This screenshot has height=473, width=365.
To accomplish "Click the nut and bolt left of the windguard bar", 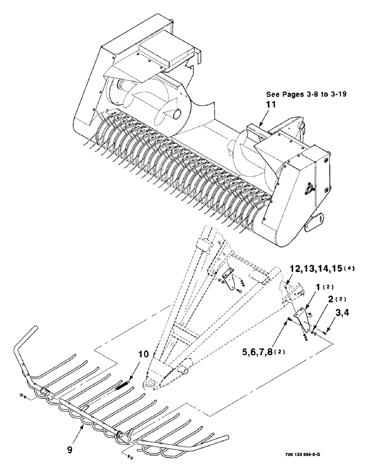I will click(23, 395).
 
